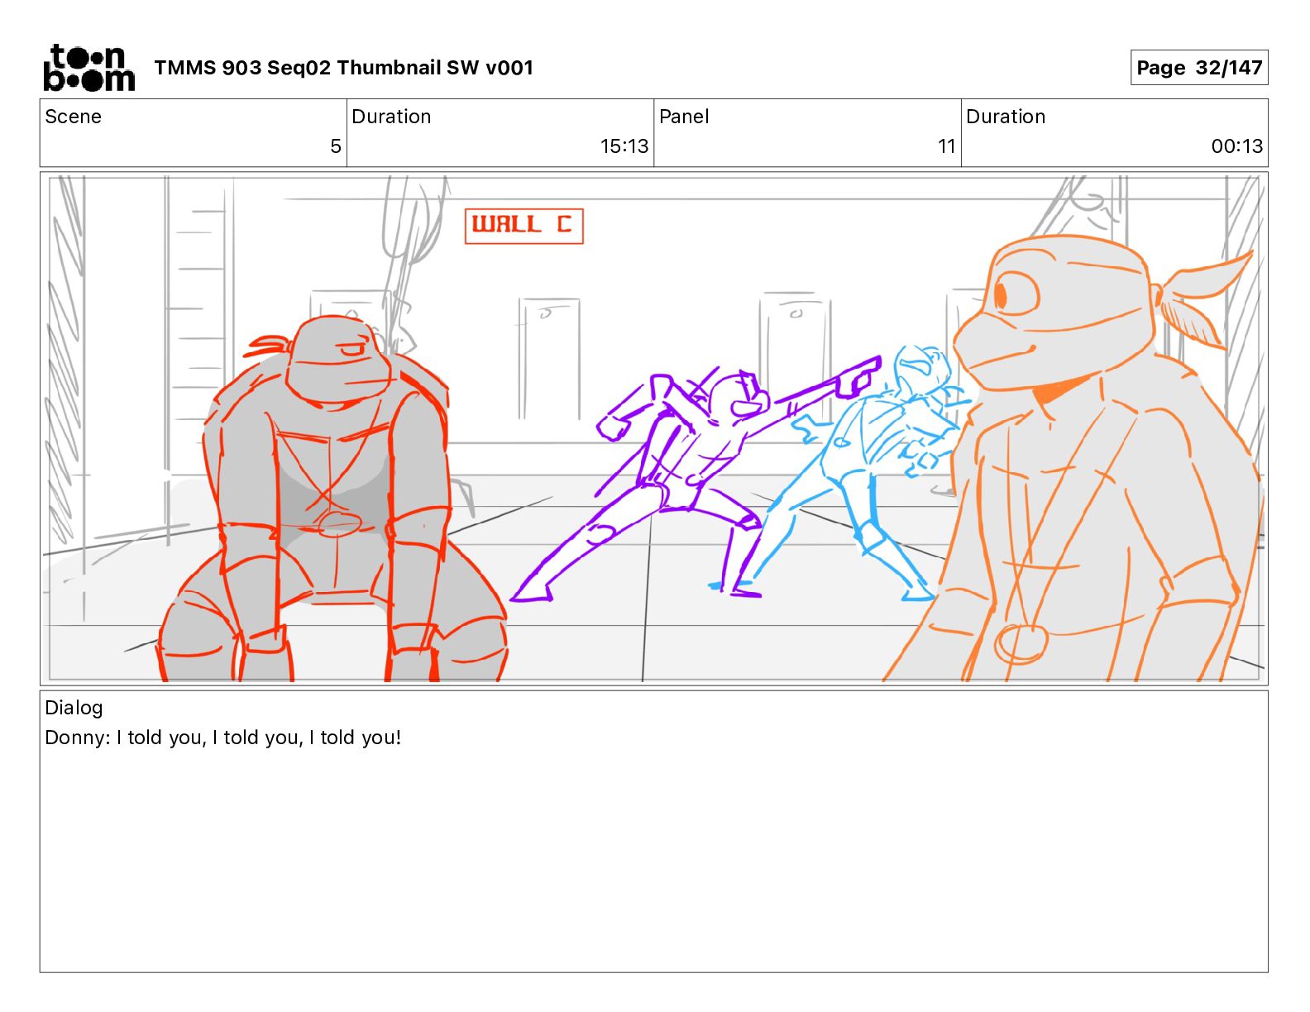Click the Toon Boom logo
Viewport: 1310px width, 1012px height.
89,68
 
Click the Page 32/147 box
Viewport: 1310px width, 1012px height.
1198,68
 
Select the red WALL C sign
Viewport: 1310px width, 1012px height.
524,226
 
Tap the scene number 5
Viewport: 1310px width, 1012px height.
336,146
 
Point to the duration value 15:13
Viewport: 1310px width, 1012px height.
624,146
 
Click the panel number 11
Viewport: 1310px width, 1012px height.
946,146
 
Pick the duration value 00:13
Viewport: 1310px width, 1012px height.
1237,146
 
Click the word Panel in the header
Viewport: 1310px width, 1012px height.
684,117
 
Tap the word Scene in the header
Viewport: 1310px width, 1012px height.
73,117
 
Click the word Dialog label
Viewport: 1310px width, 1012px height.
74,707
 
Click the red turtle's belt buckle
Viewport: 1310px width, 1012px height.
339,523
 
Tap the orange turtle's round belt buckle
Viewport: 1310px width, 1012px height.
1020,644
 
